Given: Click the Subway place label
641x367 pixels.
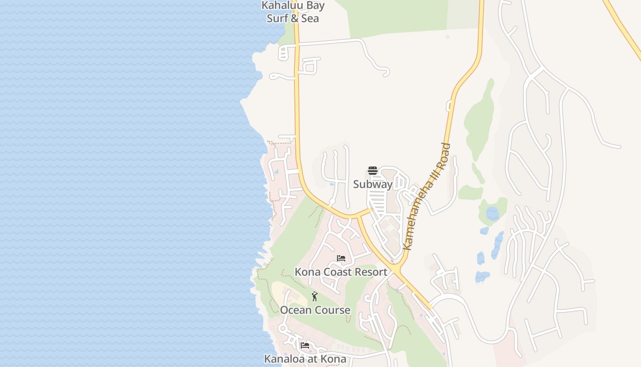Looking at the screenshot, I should click(x=373, y=184).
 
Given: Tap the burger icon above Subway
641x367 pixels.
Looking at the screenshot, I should click(x=373, y=171).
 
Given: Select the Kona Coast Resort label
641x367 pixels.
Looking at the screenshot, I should click(x=341, y=272).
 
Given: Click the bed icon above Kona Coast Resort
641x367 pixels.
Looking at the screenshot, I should click(x=341, y=258).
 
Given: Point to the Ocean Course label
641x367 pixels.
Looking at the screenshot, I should click(x=315, y=310).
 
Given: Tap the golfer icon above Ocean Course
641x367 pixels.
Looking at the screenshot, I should click(x=315, y=296).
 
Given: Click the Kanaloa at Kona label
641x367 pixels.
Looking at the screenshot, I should click(x=305, y=359).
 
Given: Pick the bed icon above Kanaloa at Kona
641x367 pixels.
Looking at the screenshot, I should click(x=305, y=345).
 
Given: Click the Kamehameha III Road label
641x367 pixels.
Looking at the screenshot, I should click(x=427, y=197).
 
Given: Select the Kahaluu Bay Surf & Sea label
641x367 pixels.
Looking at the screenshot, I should click(x=293, y=12).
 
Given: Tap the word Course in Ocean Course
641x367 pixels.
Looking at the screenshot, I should click(x=333, y=310).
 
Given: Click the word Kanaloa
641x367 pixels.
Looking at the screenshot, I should click(x=284, y=359).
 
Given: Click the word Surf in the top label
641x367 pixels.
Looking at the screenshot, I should click(x=277, y=19).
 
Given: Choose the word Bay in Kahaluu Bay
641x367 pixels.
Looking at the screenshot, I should click(x=316, y=6).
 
